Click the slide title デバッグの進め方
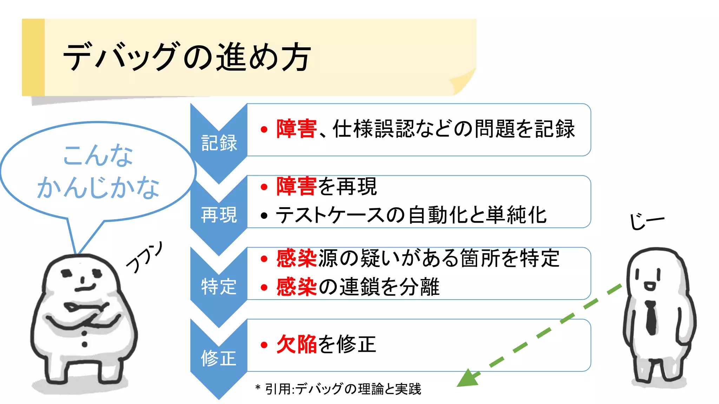[186, 57]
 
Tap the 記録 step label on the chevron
[219, 143]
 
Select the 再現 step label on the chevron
[219, 215]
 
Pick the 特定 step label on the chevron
[219, 287]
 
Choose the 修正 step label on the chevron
[219, 358]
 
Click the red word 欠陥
[296, 344]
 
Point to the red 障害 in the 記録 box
[296, 129]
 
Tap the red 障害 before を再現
[296, 186]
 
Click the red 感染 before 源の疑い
[296, 258]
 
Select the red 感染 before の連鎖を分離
[296, 287]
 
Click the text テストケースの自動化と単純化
[411, 215]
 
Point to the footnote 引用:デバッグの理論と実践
[343, 389]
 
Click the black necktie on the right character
[651, 317]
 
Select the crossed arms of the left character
[84, 314]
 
